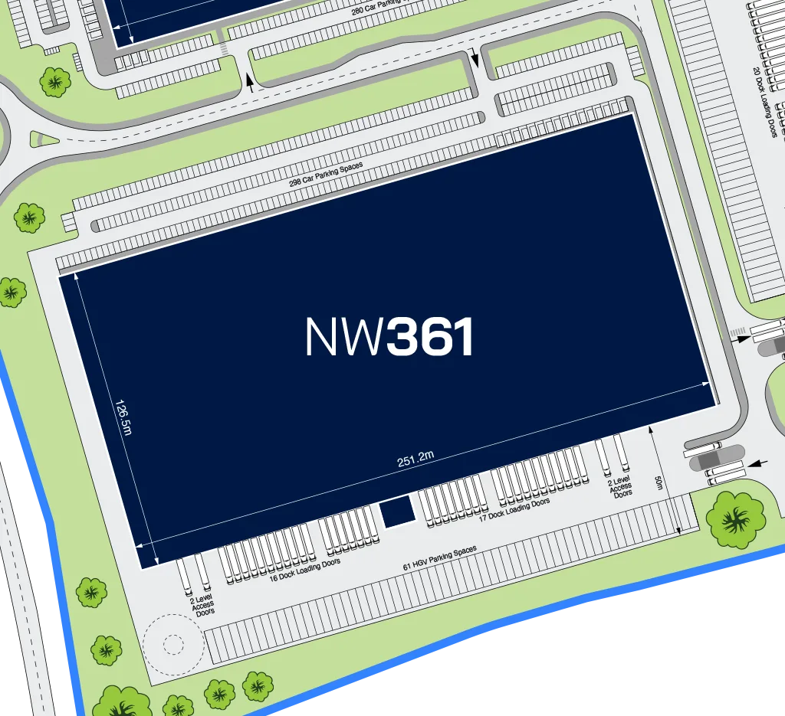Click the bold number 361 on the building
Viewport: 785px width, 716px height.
coord(430,338)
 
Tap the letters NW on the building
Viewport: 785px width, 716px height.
coord(344,338)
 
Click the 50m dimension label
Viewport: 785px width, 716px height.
coord(659,483)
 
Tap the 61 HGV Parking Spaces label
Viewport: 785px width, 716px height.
coord(440,558)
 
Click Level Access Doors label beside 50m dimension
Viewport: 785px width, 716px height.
coord(620,487)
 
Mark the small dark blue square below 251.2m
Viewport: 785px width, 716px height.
coord(398,512)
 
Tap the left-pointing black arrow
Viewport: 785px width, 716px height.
coord(757,463)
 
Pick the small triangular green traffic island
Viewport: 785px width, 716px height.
coord(42,139)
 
